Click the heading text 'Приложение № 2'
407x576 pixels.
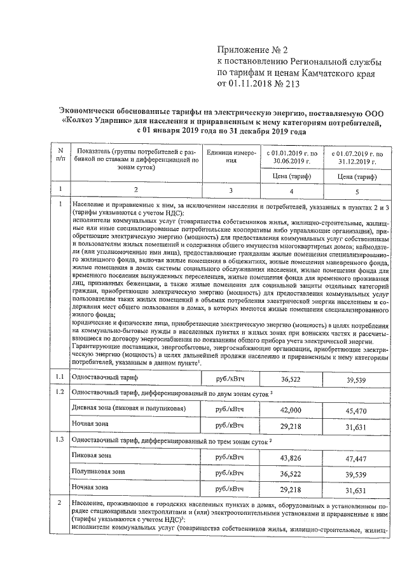click(253, 49)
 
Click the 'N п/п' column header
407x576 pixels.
click(60, 155)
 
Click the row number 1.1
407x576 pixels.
click(60, 377)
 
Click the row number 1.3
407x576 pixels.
click(60, 440)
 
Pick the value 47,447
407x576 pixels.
click(357, 458)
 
